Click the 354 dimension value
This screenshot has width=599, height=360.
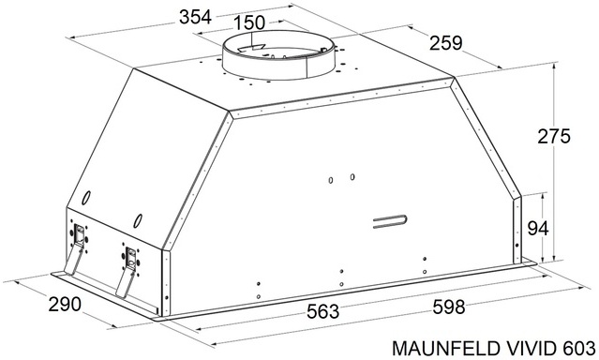195,18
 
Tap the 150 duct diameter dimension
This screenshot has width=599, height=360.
249,22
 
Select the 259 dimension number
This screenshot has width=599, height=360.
446,43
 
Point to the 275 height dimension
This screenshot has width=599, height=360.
554,137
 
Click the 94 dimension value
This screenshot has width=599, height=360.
538,228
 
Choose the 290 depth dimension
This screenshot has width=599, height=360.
65,304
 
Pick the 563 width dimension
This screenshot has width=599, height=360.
322,311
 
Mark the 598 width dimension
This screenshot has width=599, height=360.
449,307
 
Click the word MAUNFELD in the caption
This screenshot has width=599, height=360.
445,348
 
